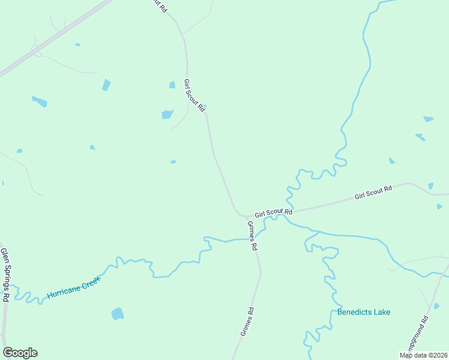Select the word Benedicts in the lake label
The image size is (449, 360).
(x=356, y=312)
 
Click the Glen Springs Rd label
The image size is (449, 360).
(x=5, y=275)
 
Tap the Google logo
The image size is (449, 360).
(x=20, y=353)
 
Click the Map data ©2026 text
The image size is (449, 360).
(x=423, y=355)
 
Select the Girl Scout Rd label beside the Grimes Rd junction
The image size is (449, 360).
(x=273, y=213)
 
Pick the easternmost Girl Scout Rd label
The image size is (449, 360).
(x=373, y=193)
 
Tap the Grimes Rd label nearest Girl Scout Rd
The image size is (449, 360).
(x=253, y=236)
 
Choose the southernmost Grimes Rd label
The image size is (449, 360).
(x=247, y=322)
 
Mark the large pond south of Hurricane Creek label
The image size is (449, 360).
(x=118, y=314)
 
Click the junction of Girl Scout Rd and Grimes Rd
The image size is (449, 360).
(x=244, y=216)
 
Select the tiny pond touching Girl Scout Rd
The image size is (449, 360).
(x=204, y=107)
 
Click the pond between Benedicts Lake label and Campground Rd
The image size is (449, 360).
(x=436, y=306)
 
